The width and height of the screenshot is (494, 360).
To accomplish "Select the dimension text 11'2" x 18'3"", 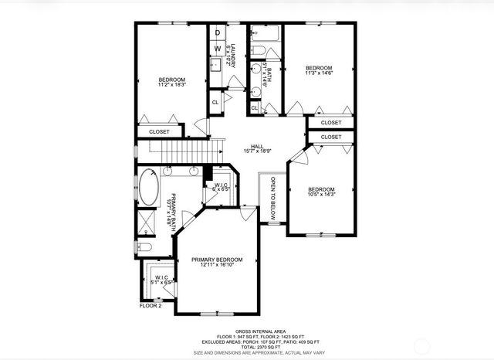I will coord(172,86).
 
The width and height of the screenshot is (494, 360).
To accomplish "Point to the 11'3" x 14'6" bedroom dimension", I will coord(320,74).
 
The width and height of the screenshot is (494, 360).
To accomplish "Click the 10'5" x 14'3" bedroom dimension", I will coord(321,195).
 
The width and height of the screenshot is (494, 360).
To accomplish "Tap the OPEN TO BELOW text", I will coord(272,199).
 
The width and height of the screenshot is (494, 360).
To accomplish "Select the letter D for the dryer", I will coord(218,32).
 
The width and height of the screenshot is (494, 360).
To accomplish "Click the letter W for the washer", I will coord(218,49).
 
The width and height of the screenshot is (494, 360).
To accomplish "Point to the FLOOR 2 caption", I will coord(150,306).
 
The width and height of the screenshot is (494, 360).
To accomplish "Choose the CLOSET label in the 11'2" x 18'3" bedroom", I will coord(159,131).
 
